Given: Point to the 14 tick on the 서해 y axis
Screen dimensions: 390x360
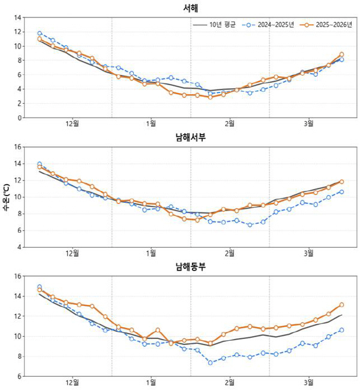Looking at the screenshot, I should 19,17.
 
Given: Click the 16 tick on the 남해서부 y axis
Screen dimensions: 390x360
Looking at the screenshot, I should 19,146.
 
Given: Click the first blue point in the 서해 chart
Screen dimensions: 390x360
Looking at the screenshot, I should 40,34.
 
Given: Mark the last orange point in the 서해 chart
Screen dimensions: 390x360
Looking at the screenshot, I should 341,55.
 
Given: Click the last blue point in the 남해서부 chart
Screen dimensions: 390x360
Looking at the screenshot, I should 341,192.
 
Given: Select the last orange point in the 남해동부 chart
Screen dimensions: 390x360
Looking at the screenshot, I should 341,305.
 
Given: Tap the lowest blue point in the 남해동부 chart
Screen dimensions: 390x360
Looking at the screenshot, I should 211,362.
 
